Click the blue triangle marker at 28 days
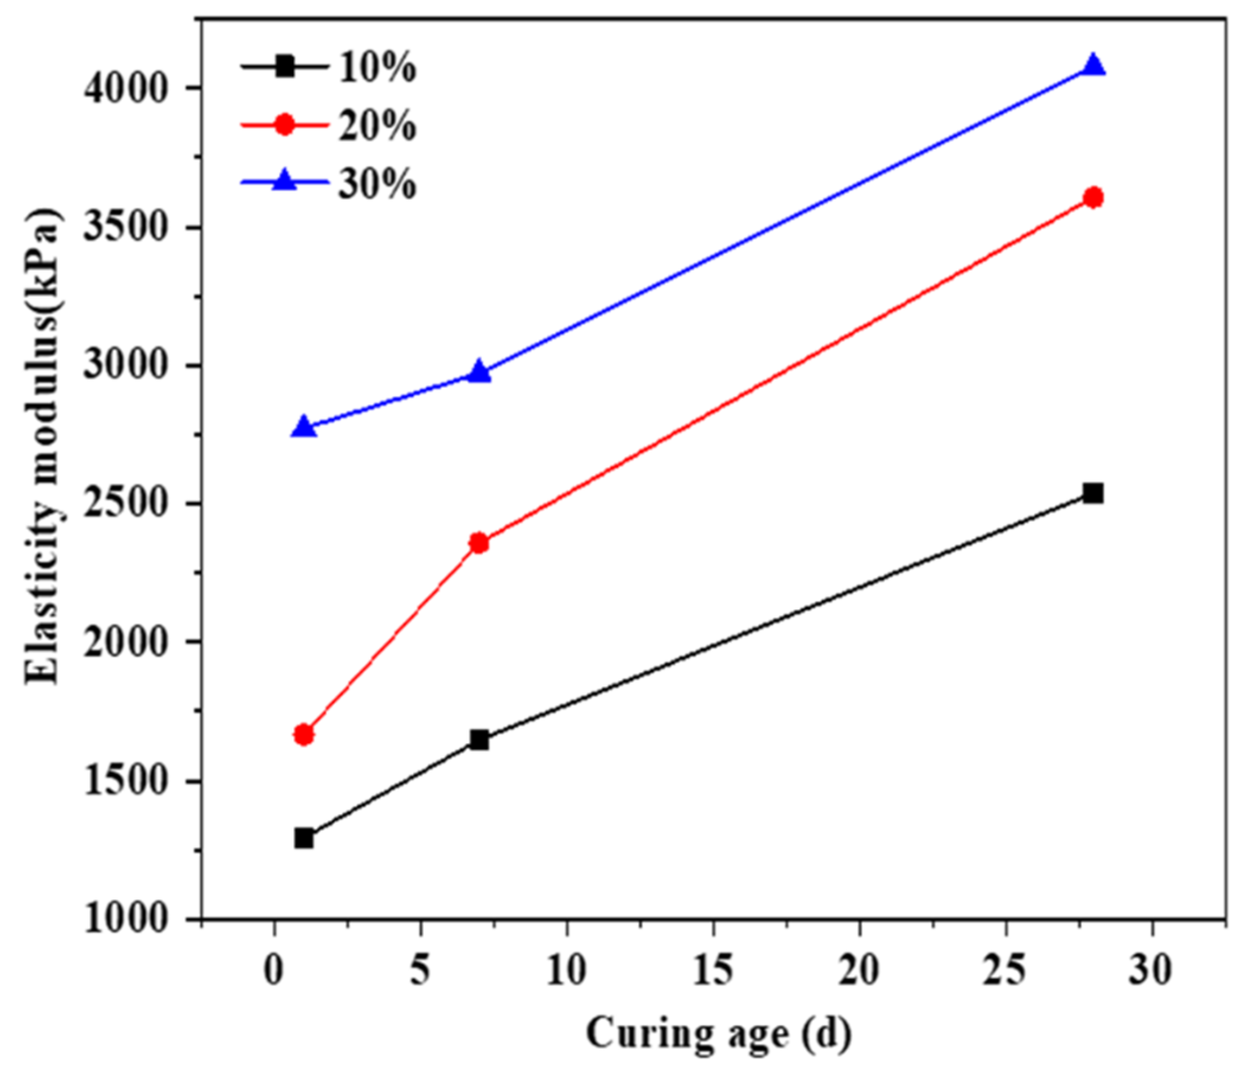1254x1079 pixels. [x=1093, y=65]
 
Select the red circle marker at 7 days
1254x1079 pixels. [x=479, y=543]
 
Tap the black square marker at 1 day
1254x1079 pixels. [x=304, y=839]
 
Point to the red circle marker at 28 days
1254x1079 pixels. [x=1093, y=197]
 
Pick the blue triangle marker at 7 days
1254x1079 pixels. [x=479, y=372]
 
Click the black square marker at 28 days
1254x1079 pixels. [x=1093, y=494]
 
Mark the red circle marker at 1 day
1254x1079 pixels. [x=304, y=735]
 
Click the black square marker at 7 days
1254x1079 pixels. [x=479, y=740]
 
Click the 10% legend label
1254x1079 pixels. [x=377, y=68]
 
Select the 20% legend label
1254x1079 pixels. [x=377, y=126]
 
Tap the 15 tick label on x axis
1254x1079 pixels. [x=713, y=970]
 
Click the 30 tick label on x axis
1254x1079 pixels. [x=1152, y=970]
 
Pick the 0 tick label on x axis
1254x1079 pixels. [x=274, y=970]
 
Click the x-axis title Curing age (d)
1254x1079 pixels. [x=719, y=1033]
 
